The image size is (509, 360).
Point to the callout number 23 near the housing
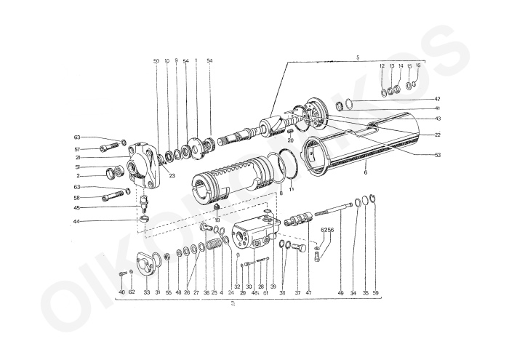(x=172, y=175)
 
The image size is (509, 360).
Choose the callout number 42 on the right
(x=437, y=98)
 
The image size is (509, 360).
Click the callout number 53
(x=437, y=155)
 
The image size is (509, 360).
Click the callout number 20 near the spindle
(x=289, y=140)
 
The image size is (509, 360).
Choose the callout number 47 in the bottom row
(x=308, y=292)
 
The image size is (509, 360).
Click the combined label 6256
(x=326, y=231)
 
